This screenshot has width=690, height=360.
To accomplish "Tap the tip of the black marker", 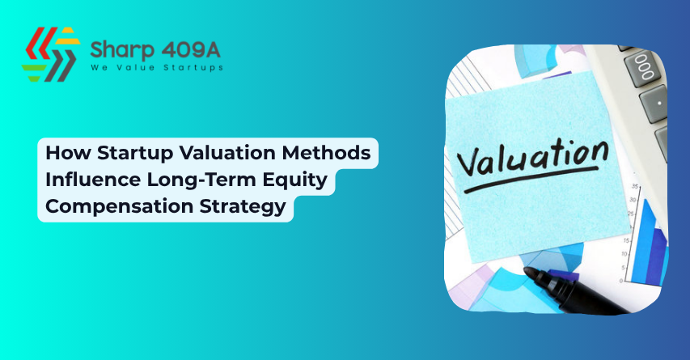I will (x=528, y=273).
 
